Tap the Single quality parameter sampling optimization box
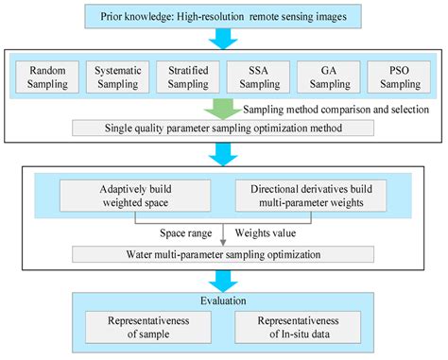click(224, 129)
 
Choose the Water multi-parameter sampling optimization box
click(224, 253)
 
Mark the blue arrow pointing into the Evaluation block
click(224, 281)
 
